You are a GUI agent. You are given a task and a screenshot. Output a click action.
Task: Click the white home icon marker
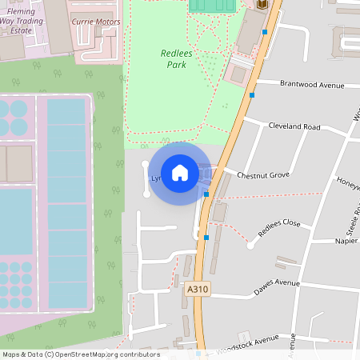point(180,173)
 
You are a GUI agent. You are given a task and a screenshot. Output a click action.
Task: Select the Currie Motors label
point(96,22)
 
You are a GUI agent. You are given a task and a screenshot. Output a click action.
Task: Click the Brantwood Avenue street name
point(312,85)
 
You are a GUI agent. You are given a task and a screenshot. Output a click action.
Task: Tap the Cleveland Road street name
point(294,126)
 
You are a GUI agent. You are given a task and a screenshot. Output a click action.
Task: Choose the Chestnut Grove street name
point(262,174)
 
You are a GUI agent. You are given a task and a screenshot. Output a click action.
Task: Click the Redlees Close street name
point(279,229)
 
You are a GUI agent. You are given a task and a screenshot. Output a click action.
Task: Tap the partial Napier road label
point(347,241)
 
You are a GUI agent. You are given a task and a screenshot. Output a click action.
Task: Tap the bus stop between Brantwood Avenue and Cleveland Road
point(252,95)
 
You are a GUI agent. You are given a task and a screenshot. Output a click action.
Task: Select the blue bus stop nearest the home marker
point(206,194)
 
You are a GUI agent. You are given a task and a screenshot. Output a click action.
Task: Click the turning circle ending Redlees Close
point(250,246)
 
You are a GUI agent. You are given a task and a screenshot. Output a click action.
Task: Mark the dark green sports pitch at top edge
point(210,6)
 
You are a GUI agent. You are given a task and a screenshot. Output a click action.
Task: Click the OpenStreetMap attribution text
point(80,354)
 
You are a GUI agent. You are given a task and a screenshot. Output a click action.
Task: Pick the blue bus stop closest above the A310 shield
point(206,238)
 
